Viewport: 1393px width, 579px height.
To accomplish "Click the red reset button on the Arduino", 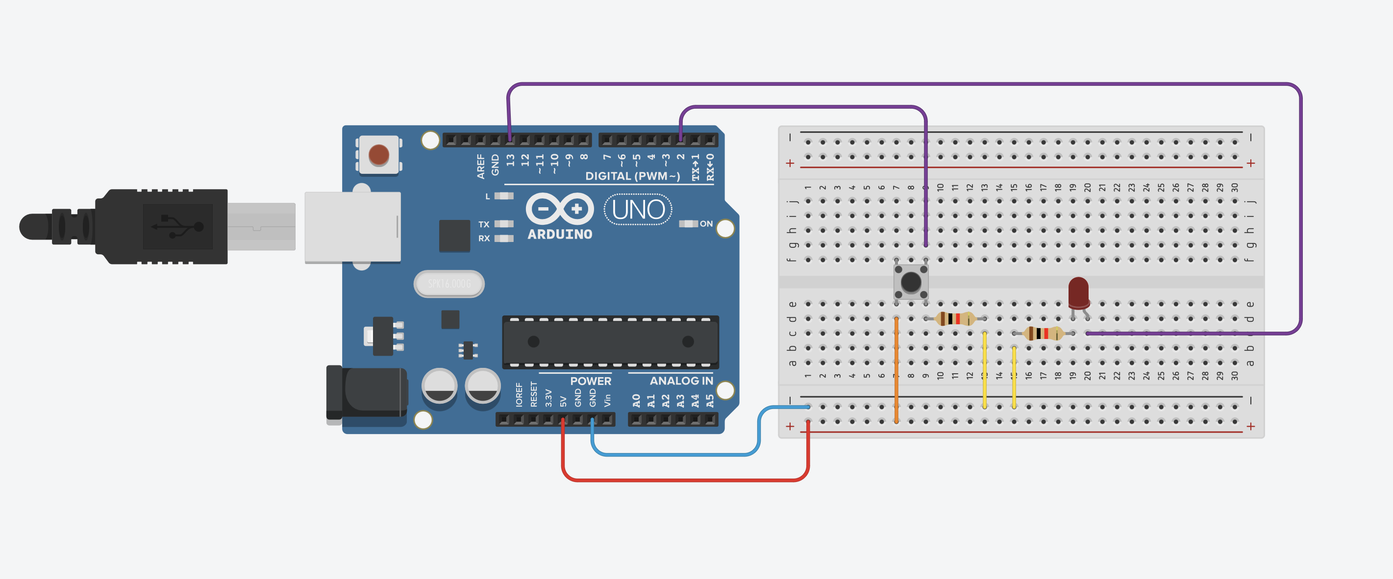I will [x=378, y=155].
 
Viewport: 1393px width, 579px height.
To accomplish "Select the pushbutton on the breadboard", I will [x=911, y=282].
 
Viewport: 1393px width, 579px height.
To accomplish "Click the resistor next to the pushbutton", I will [x=955, y=318].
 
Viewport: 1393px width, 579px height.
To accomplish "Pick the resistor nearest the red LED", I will [x=1043, y=333].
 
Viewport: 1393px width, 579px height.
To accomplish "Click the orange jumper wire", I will [x=896, y=373].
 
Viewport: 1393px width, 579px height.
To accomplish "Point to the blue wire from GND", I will [x=676, y=455].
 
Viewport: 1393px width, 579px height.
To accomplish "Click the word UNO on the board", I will [x=638, y=210].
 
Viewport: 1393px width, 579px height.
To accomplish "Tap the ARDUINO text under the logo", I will [x=560, y=235].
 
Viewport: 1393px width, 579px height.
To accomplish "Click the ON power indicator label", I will [x=706, y=224].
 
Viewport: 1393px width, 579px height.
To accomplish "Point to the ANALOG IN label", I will [x=681, y=381].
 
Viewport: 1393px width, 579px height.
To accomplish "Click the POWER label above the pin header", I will [x=591, y=381].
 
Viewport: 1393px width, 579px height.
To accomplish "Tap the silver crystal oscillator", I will [x=449, y=284].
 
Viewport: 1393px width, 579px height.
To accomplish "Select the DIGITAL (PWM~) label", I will [x=632, y=176].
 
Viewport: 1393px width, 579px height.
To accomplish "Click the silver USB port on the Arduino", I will [x=352, y=227].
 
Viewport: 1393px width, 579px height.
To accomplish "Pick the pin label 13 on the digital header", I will [x=510, y=161].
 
